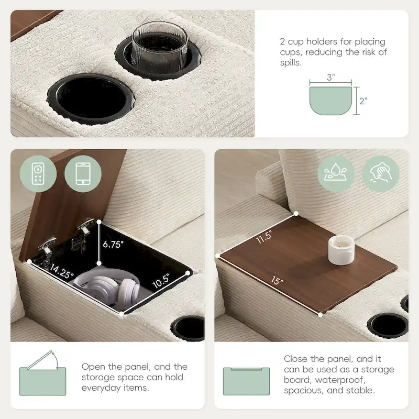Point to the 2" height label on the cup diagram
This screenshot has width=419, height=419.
pos(363,101)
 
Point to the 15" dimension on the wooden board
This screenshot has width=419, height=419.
pos(277,281)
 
